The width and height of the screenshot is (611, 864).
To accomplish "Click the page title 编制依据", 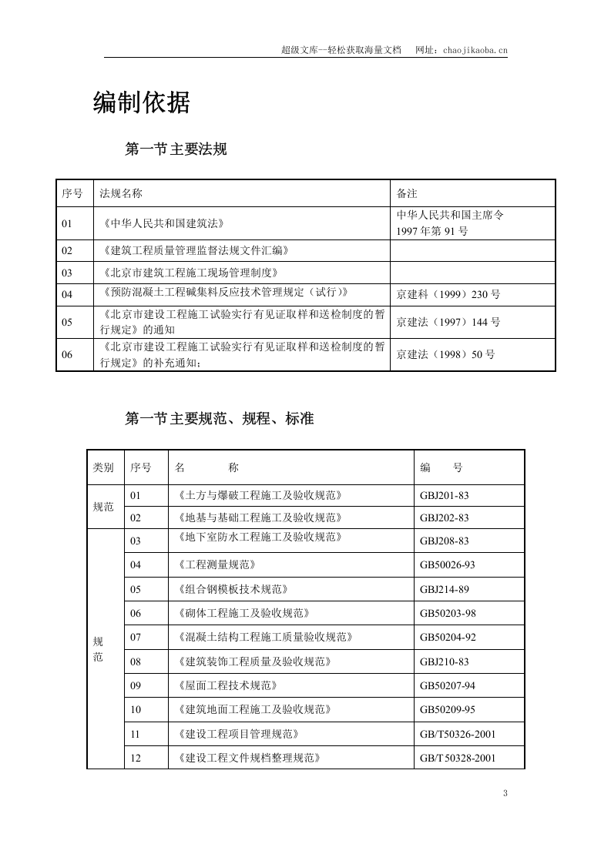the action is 142,102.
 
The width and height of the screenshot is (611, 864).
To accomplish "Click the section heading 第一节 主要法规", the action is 176,149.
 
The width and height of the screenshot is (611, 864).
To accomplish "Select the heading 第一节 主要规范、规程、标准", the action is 219,420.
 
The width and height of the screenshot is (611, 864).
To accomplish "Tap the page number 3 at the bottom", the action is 505,794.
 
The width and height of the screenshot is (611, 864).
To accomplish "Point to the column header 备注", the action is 407,193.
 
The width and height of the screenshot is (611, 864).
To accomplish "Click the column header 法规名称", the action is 121,193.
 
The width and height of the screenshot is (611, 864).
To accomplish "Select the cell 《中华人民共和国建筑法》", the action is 163,223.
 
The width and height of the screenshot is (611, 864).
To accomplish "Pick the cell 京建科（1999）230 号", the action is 448,294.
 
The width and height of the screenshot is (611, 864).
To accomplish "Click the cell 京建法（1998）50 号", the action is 445,355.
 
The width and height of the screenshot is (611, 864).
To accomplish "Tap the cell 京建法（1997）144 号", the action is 448,322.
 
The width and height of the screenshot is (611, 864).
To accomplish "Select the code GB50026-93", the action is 448,564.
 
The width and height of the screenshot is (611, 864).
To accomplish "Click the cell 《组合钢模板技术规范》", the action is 231,589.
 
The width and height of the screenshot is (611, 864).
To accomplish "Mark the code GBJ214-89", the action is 444,589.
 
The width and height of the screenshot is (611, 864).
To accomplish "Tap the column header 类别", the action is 103,467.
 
